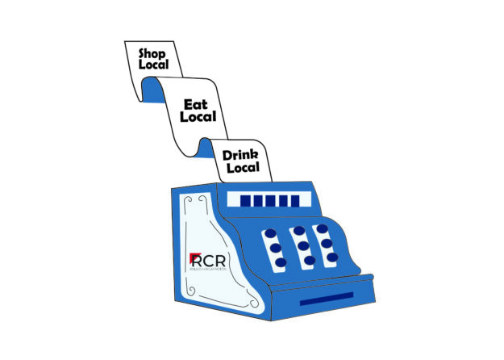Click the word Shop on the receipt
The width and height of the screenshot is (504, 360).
point(152,54)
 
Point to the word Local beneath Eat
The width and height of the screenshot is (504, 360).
point(198,118)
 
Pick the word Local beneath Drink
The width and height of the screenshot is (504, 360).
point(243,168)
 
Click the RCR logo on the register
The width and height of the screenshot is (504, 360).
point(206,262)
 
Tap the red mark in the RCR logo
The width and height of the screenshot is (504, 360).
point(194,258)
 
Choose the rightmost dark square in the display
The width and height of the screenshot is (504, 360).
point(294,200)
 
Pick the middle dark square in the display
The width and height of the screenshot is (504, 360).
point(270,200)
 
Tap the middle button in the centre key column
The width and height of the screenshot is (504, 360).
point(302,245)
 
